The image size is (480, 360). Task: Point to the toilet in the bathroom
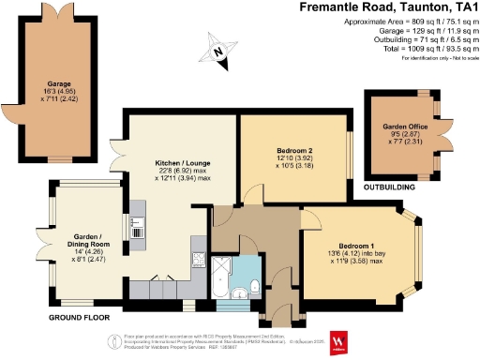tap(255, 288)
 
